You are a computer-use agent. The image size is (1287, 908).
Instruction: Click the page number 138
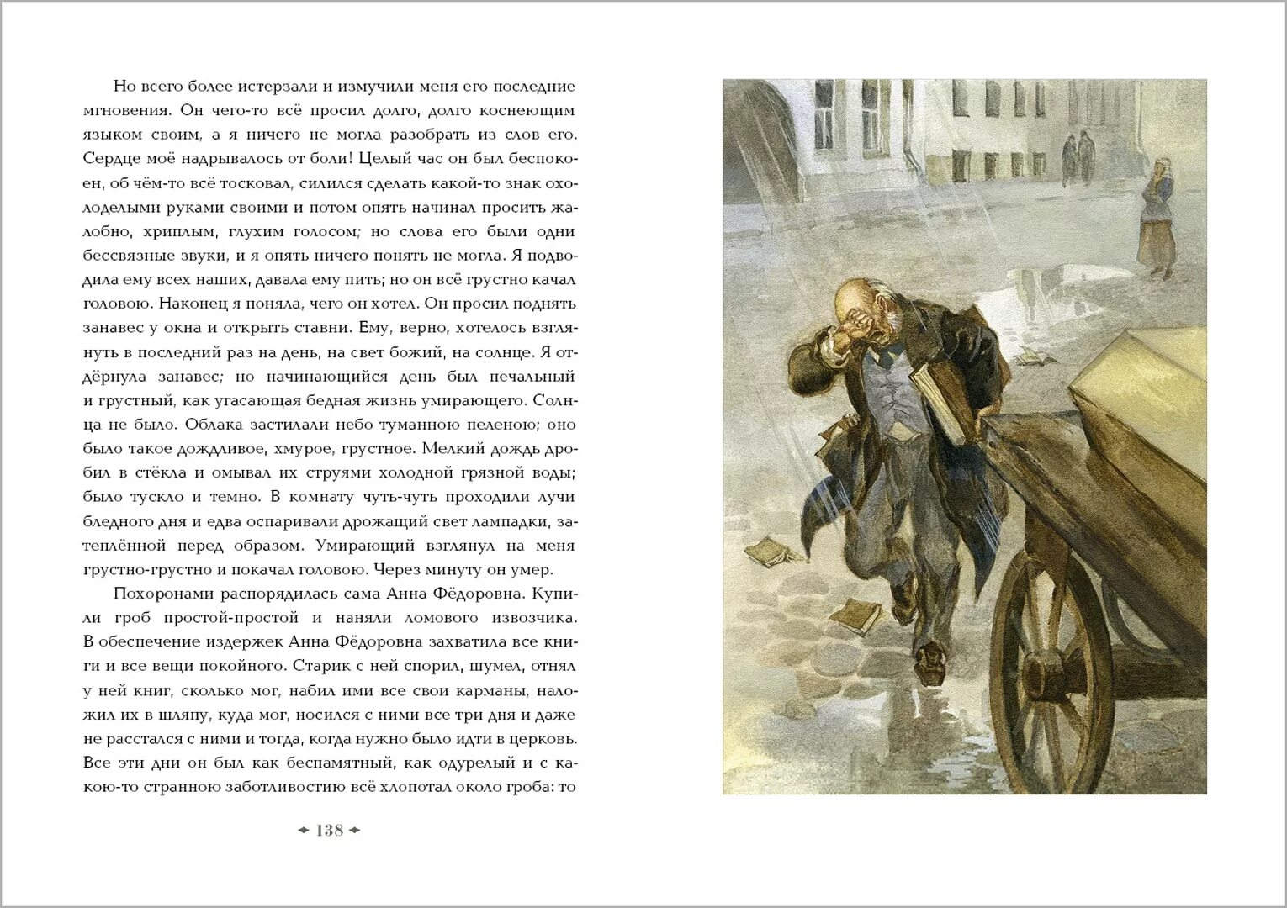click(330, 831)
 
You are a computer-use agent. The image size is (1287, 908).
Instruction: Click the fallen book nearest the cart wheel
click(856, 615)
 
